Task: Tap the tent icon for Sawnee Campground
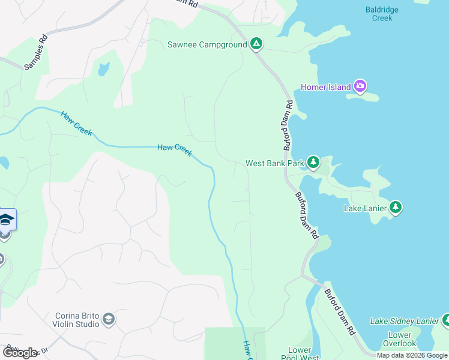point(256,44)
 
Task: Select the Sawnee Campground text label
point(207,44)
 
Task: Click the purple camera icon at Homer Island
point(360,87)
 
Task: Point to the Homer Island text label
point(326,88)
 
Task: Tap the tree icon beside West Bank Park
point(313,163)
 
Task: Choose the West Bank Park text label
point(275,163)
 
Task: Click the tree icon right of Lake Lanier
point(395,208)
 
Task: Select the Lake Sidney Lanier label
point(404,322)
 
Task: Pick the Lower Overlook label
point(400,339)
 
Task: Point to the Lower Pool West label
point(300,353)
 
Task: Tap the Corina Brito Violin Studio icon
point(109,319)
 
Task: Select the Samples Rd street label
point(35,53)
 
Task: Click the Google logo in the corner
point(20,353)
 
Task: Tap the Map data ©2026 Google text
point(411,356)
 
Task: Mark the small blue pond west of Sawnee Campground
point(103,69)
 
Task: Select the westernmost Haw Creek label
point(76,123)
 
